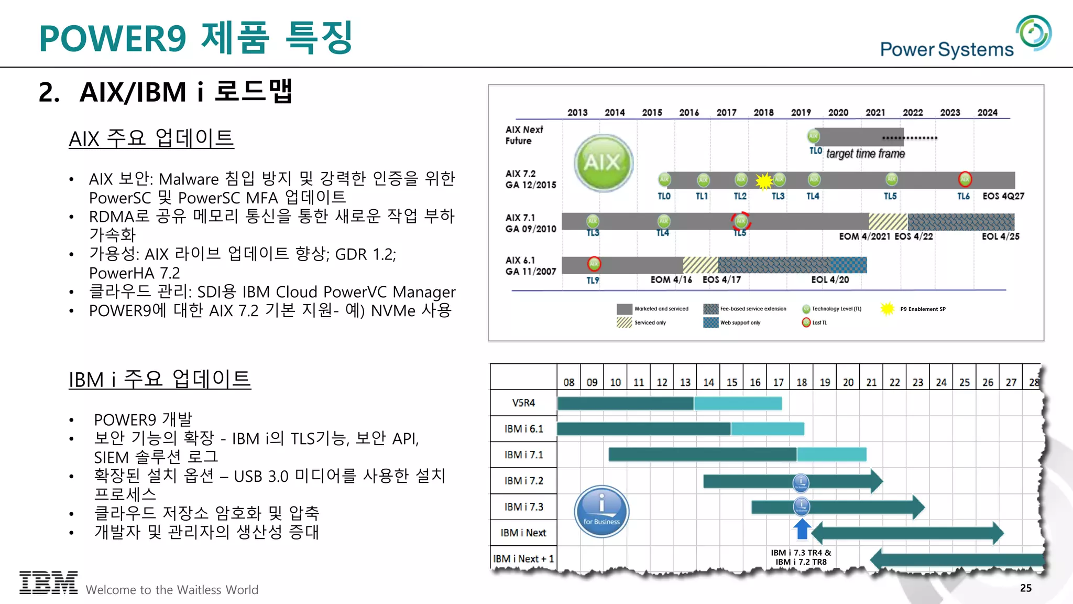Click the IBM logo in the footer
pyautogui.click(x=48, y=583)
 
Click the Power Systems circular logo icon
pyautogui.click(x=1033, y=33)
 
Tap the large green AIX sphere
pyautogui.click(x=604, y=163)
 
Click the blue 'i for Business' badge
pyautogui.click(x=601, y=511)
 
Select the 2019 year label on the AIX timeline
pyautogui.click(x=801, y=112)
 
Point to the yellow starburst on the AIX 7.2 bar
pyautogui.click(x=764, y=181)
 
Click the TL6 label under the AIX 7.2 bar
pyautogui.click(x=963, y=196)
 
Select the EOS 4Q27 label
pyautogui.click(x=1003, y=196)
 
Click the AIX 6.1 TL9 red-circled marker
pyautogui.click(x=594, y=263)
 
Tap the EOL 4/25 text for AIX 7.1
pyautogui.click(x=1000, y=236)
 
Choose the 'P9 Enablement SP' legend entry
pyautogui.click(x=923, y=309)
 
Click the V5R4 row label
pyautogui.click(x=523, y=403)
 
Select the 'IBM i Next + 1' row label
pyautogui.click(x=523, y=559)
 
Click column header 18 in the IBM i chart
pyautogui.click(x=802, y=382)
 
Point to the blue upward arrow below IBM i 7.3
pyautogui.click(x=802, y=529)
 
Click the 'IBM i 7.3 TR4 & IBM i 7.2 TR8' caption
pyautogui.click(x=801, y=557)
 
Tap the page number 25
pyautogui.click(x=1025, y=588)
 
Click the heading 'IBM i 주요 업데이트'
pyautogui.click(x=160, y=379)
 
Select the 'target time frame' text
pyautogui.click(x=865, y=154)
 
